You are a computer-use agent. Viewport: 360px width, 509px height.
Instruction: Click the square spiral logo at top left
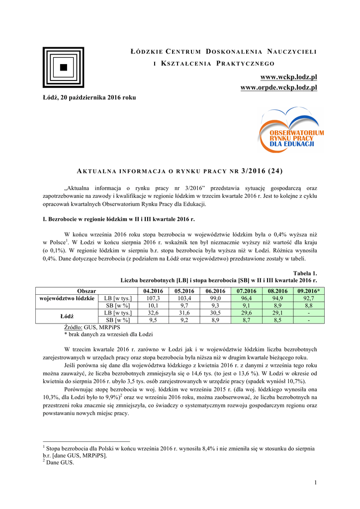pos(63,68)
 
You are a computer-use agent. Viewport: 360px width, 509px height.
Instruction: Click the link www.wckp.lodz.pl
pos(289,77)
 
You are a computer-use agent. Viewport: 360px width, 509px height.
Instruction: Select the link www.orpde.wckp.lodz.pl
pos(278,87)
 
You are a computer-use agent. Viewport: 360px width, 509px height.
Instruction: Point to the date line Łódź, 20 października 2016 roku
pos(89,97)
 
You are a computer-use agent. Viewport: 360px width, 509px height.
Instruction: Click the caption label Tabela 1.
pos(305,273)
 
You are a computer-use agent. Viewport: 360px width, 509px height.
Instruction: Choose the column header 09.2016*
pos(309,291)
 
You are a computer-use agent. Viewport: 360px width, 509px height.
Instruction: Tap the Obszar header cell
pos(87,291)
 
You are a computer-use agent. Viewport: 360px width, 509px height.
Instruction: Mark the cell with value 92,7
pos(309,298)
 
